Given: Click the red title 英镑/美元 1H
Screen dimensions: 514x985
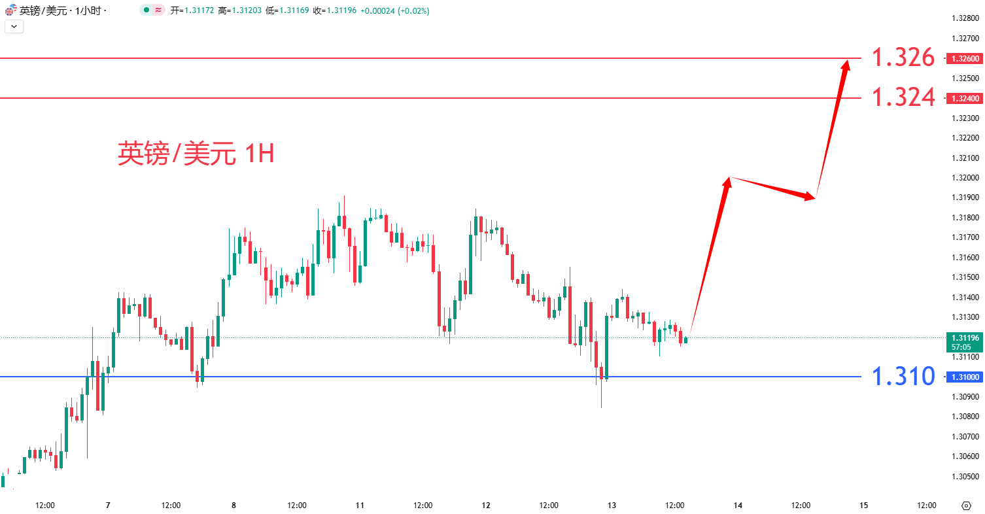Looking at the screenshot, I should (x=196, y=154).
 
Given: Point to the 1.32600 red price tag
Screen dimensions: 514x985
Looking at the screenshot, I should (x=965, y=59).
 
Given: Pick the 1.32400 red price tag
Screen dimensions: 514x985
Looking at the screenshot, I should (x=965, y=98).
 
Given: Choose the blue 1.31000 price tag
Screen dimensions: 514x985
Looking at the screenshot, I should (x=965, y=377).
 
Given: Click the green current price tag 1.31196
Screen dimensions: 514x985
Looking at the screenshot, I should (x=965, y=338).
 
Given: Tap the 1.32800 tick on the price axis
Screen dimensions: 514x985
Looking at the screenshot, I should (x=965, y=18).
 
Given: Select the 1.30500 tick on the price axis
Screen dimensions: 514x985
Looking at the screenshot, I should (x=965, y=476).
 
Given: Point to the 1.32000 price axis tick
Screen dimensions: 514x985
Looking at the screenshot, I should (x=965, y=178).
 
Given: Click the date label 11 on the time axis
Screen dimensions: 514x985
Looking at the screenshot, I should (x=360, y=505).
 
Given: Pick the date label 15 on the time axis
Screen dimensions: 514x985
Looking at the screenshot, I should (x=863, y=505).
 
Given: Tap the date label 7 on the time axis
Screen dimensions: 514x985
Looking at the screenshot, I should (x=108, y=505).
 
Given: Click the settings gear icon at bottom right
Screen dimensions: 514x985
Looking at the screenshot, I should (x=966, y=505).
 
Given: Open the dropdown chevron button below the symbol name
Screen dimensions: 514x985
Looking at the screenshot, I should (x=14, y=27).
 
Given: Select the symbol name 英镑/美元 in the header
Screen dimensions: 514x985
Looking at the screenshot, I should (x=41, y=11).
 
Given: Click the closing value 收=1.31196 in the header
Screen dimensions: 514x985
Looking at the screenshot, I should (x=334, y=11).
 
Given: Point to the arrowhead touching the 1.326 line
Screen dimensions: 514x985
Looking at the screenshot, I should (x=846, y=64).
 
